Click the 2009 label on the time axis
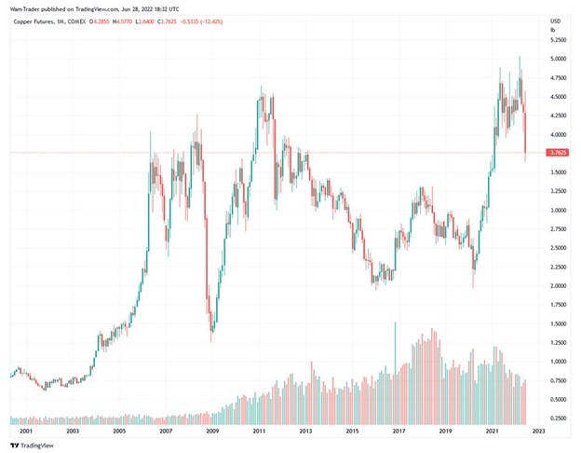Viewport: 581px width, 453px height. coord(212,432)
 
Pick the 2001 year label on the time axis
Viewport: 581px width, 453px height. coord(24,432)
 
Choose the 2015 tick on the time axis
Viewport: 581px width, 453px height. coord(353,432)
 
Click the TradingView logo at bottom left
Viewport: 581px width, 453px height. coord(28,445)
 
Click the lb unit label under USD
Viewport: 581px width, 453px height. coord(553,30)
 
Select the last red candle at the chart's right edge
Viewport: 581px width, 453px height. coord(525,130)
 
